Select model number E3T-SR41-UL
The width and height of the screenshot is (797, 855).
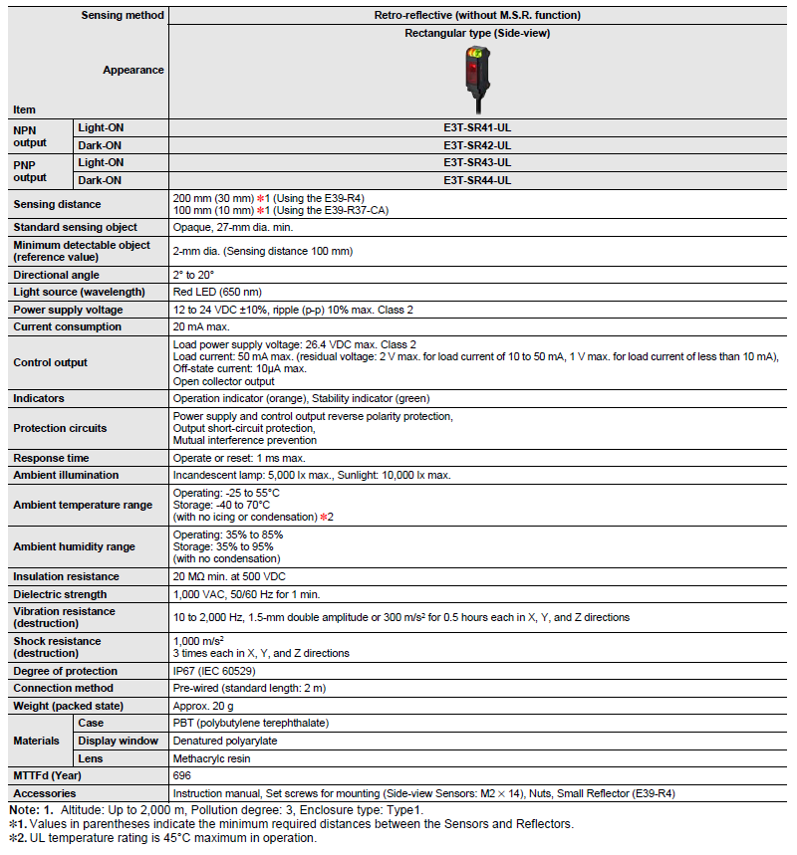(477, 127)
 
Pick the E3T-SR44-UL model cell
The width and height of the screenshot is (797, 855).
(477, 180)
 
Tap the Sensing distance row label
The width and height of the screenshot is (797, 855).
(57, 204)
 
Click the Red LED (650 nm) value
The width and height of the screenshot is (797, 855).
(217, 292)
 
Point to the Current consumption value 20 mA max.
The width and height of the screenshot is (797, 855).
(201, 326)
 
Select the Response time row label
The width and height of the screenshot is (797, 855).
(51, 458)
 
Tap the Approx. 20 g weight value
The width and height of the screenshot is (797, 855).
(204, 706)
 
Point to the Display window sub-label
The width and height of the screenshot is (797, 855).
(118, 741)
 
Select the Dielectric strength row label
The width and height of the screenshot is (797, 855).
(60, 594)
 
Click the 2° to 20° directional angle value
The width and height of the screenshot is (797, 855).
(193, 275)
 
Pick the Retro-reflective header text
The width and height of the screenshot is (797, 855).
(476, 15)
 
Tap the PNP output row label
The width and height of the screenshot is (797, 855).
(30, 170)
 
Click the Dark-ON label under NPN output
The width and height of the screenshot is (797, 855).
(101, 145)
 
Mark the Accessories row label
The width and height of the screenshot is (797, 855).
(44, 793)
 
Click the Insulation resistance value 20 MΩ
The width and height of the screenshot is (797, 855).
(229, 576)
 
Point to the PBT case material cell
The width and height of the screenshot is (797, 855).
(250, 723)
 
